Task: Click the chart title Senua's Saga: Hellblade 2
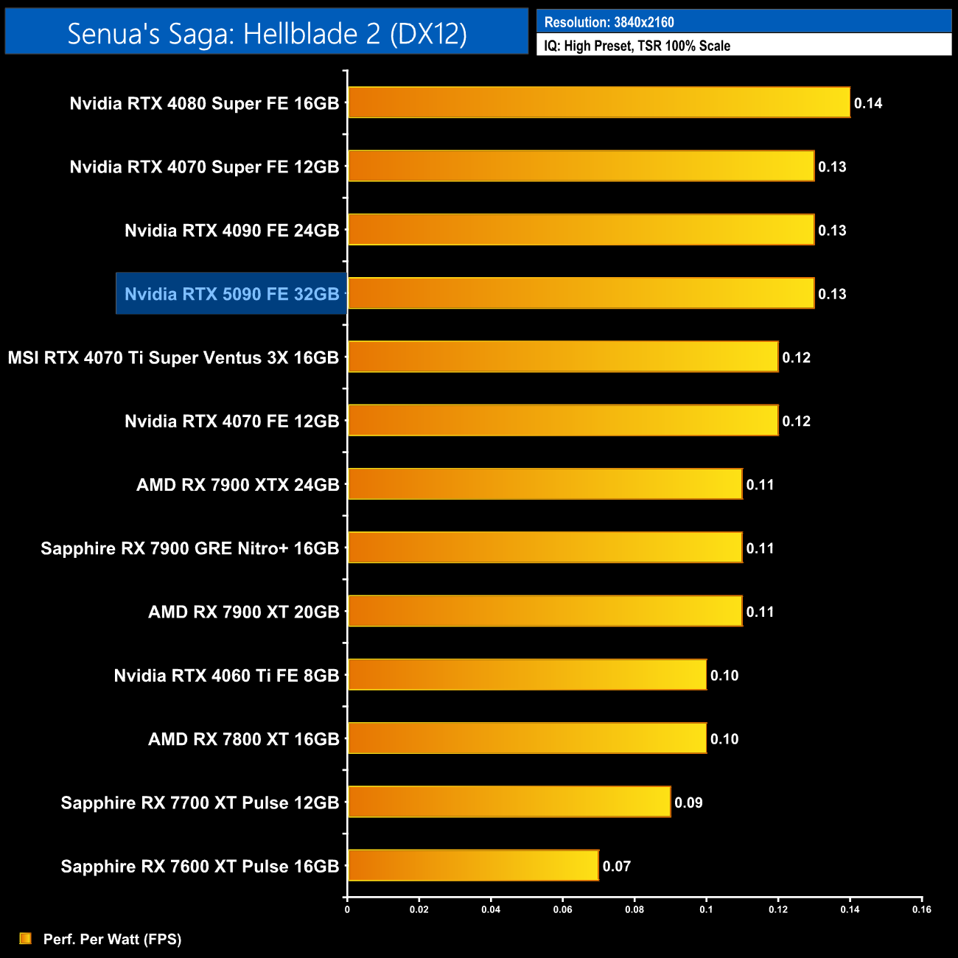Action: point(267,33)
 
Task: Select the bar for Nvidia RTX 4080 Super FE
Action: point(598,102)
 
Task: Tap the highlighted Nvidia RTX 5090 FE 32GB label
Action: point(231,294)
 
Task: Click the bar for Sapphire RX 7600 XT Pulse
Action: point(473,865)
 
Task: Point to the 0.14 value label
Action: point(868,103)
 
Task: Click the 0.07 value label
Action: point(617,867)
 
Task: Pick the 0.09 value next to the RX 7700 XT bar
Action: point(688,803)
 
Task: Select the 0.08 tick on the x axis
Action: point(634,909)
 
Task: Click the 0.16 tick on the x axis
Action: point(922,909)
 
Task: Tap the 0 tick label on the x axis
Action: point(347,909)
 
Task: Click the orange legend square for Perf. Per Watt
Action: point(26,938)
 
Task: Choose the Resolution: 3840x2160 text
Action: point(609,22)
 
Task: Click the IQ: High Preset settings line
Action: point(637,46)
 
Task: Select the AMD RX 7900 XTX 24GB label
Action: point(237,485)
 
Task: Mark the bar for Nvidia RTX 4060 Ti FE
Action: point(527,674)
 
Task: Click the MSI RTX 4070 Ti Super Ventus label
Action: point(173,357)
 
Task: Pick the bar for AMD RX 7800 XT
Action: point(527,738)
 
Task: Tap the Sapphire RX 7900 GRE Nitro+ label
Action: point(189,548)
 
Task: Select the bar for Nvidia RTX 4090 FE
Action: point(581,229)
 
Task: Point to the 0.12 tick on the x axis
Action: point(778,909)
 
